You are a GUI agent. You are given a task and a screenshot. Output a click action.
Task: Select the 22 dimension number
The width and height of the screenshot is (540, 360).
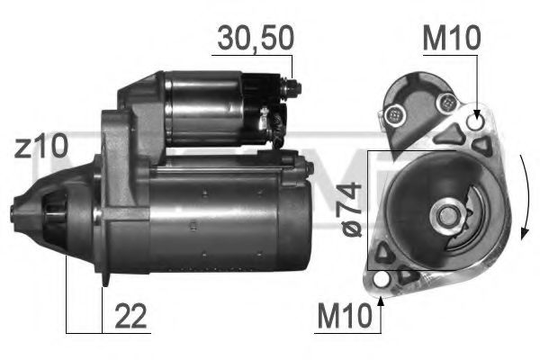(130, 318)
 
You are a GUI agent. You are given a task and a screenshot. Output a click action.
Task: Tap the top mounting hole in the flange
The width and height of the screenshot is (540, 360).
(476, 121)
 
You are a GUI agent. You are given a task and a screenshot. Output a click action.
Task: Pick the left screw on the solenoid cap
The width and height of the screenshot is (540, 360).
(393, 113)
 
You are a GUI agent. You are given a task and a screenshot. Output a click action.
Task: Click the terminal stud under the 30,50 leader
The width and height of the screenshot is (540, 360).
(292, 89)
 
